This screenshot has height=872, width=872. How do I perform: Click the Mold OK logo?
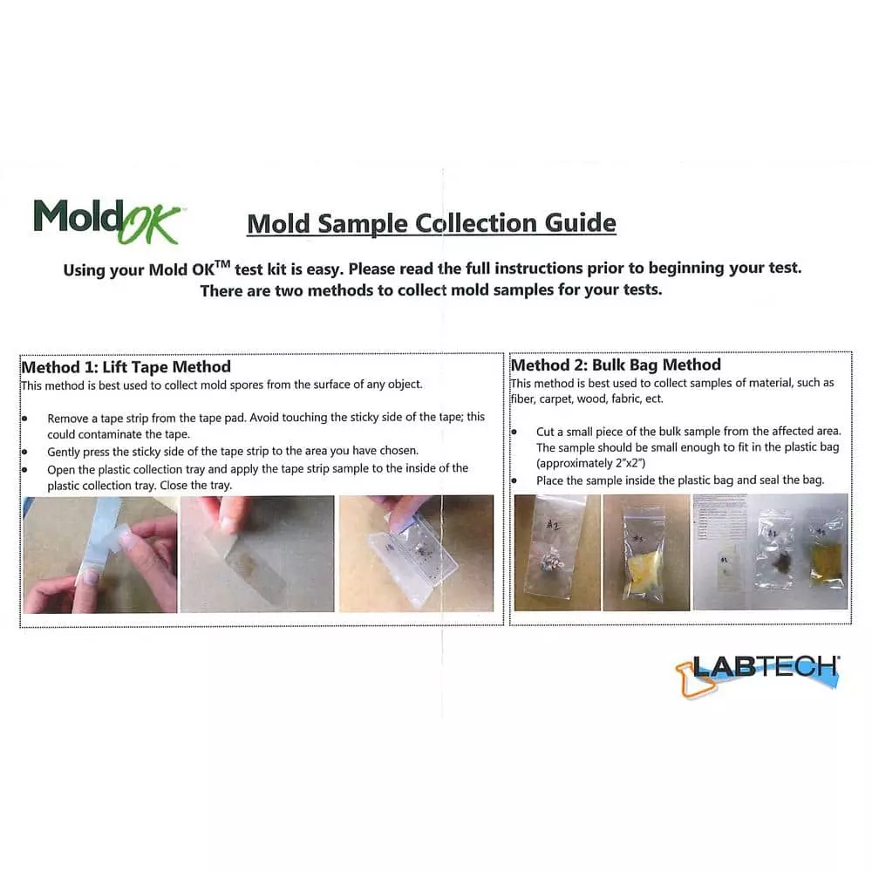(x=106, y=221)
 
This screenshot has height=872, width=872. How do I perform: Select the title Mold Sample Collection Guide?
(x=432, y=223)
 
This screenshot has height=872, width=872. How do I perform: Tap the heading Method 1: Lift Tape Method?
(x=126, y=366)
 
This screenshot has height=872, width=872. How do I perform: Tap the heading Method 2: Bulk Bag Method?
(x=616, y=364)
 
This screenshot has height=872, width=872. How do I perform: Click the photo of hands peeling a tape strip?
(x=99, y=555)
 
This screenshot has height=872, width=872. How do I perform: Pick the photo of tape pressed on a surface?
(x=256, y=555)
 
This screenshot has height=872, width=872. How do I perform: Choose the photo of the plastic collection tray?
(x=415, y=555)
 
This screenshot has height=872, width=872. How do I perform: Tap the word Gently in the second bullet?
(x=66, y=451)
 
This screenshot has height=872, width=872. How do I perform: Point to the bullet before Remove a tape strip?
(x=25, y=418)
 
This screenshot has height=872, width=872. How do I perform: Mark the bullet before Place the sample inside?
(x=514, y=480)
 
